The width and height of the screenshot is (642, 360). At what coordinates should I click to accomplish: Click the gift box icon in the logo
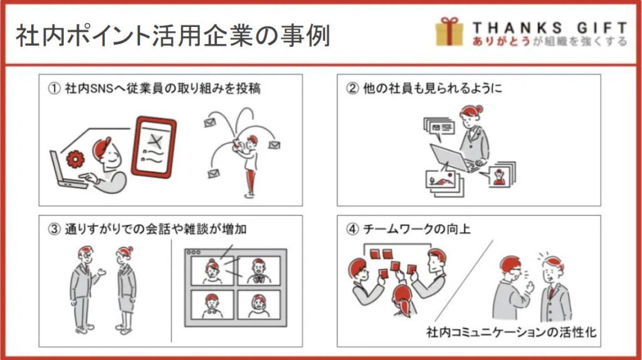(449, 31)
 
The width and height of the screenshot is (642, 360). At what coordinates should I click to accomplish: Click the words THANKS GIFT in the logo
(550, 28)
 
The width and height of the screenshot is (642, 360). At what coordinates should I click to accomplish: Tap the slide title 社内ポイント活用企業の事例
(173, 35)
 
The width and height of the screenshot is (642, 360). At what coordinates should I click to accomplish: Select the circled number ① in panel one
(54, 88)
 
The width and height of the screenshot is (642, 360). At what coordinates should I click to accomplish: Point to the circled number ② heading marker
(352, 88)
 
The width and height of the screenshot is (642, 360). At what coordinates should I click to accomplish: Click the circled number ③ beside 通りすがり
(54, 229)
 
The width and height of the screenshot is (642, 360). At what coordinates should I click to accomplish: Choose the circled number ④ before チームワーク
(352, 229)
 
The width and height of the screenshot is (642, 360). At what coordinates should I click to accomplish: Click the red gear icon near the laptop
(75, 159)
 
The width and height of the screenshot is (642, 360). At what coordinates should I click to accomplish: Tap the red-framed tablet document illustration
(154, 147)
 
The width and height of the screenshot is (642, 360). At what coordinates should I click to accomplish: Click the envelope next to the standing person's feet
(213, 174)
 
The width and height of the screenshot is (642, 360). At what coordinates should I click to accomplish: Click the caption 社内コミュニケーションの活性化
(511, 332)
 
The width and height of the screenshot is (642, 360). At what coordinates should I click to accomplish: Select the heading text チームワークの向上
(417, 229)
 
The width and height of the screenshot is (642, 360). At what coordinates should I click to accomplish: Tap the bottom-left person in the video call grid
(212, 305)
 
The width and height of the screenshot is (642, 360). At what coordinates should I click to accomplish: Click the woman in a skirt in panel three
(125, 290)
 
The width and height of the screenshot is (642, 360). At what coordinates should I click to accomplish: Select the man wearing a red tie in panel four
(554, 289)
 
